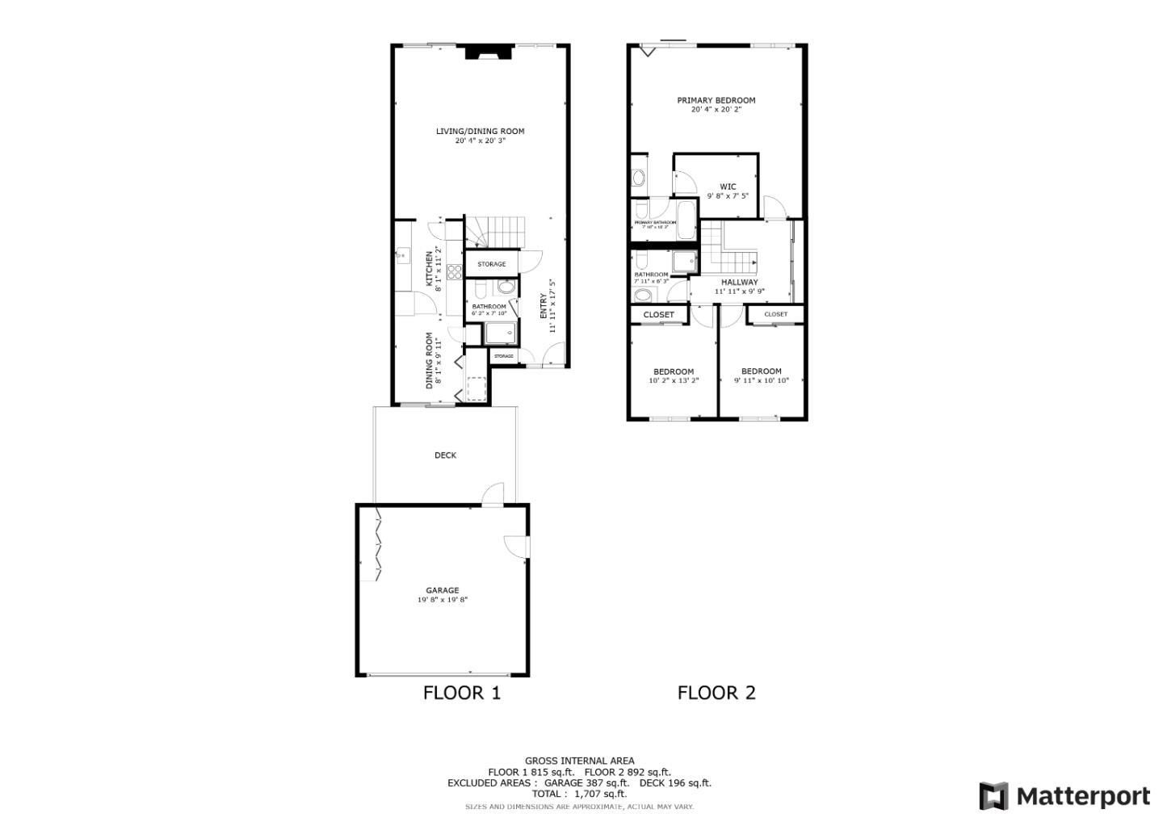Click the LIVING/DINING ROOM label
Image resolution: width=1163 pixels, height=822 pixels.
(480, 131)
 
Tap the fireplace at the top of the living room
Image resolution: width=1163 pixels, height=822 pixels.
(489, 52)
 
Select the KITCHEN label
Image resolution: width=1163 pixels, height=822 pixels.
(429, 269)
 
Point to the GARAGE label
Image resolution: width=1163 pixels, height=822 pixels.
(443, 590)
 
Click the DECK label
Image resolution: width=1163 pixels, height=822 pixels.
(445, 455)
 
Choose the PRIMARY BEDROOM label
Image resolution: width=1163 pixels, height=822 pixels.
(716, 100)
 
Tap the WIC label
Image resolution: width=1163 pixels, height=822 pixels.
(728, 187)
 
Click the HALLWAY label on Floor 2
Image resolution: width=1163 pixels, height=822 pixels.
(739, 282)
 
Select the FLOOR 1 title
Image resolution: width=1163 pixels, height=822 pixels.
(462, 693)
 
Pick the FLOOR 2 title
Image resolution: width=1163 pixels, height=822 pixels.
(716, 693)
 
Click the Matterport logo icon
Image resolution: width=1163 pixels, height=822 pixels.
(993, 796)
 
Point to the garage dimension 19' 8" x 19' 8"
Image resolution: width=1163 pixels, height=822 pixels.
(443, 600)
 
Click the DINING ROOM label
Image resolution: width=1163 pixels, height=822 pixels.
(430, 360)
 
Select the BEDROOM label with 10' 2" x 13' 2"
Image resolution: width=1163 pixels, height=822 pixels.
(673, 371)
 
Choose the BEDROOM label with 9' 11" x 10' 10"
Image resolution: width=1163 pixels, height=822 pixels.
(761, 371)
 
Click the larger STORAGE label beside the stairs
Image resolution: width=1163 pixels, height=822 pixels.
(491, 264)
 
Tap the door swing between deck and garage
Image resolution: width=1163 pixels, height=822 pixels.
(492, 494)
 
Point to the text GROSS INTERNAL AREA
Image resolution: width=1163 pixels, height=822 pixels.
(579, 761)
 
